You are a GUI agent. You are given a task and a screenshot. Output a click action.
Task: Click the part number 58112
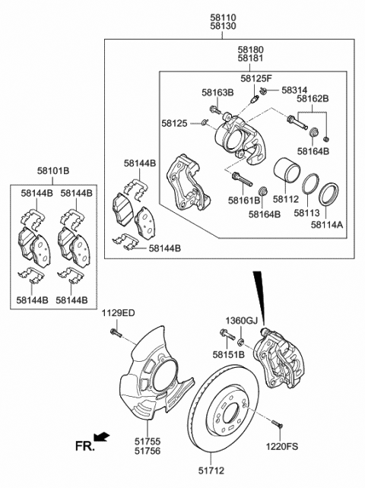point(286,199)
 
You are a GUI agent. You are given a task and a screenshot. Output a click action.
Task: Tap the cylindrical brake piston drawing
point(287,171)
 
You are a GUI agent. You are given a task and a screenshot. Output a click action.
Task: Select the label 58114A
point(327,224)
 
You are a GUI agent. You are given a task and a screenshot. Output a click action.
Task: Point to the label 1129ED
point(119,313)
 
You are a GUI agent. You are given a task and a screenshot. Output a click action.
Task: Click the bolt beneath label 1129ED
point(115,333)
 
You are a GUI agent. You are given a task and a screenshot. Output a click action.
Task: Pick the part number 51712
point(211,471)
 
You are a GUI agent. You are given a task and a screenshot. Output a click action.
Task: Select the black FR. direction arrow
point(102,436)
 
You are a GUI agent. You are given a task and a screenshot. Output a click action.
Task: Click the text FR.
point(84,446)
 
